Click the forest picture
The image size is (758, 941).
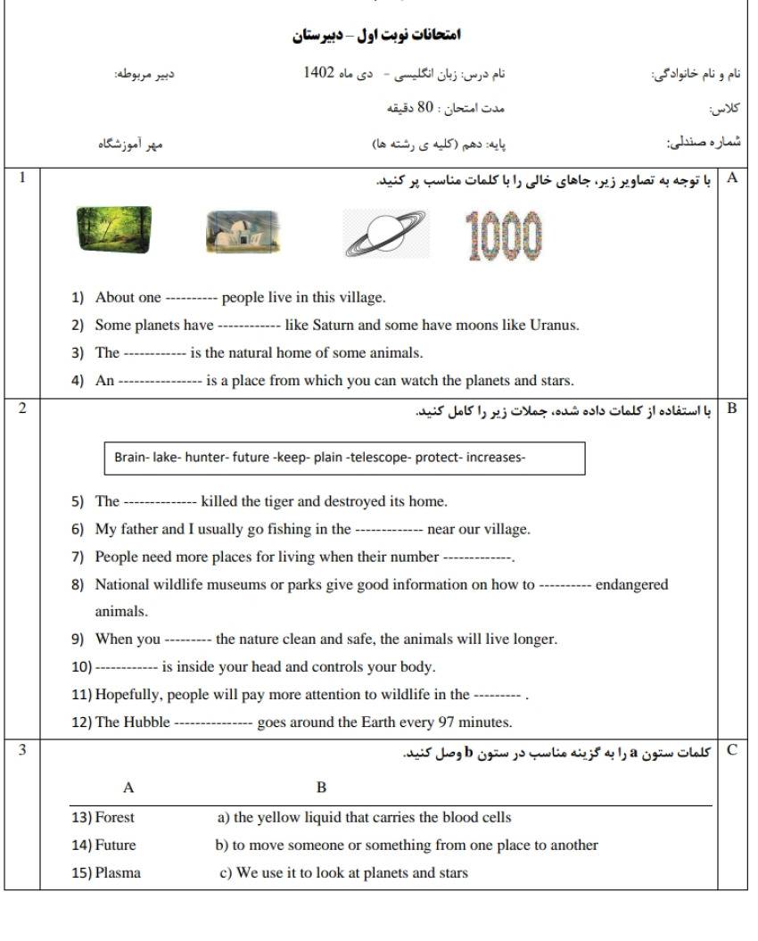pyautogui.click(x=113, y=231)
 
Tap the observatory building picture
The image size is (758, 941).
pyautogui.click(x=241, y=232)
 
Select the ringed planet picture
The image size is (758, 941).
pyautogui.click(x=385, y=234)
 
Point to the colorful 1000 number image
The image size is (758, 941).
pyautogui.click(x=504, y=236)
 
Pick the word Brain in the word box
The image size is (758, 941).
pyautogui.click(x=131, y=458)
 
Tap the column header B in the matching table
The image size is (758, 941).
pyautogui.click(x=322, y=788)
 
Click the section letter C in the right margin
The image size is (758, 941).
pyautogui.click(x=732, y=750)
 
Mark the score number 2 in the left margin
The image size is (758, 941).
pyautogui.click(x=22, y=409)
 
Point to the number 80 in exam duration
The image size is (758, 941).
pyautogui.click(x=426, y=108)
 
